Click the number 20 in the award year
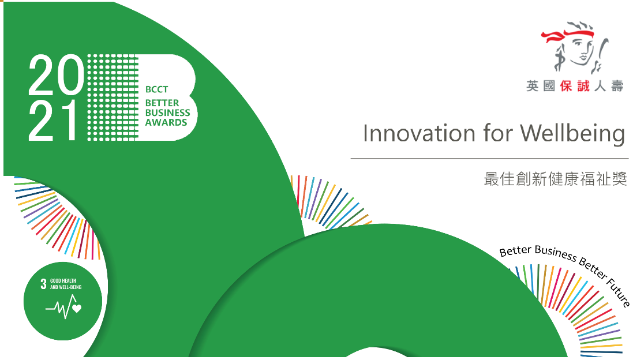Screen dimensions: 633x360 (56, 76)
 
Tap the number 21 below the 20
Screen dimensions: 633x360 (53, 120)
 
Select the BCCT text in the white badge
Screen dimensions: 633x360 (156, 89)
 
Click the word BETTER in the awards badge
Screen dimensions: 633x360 (162, 103)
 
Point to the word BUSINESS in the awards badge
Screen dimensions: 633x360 (167, 112)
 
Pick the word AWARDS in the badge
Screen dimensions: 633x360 (166, 122)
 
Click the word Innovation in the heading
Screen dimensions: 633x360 (419, 134)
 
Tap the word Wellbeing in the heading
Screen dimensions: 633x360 (572, 134)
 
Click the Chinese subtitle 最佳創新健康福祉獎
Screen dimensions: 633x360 (556, 179)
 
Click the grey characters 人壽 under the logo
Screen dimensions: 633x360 (609, 86)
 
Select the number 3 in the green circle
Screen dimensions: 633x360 (44, 284)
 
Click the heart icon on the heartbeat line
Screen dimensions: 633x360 (77, 308)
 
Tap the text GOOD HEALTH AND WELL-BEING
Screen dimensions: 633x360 (66, 284)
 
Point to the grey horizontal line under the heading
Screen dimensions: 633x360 (489, 159)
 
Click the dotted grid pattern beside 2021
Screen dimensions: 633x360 (113, 97)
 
